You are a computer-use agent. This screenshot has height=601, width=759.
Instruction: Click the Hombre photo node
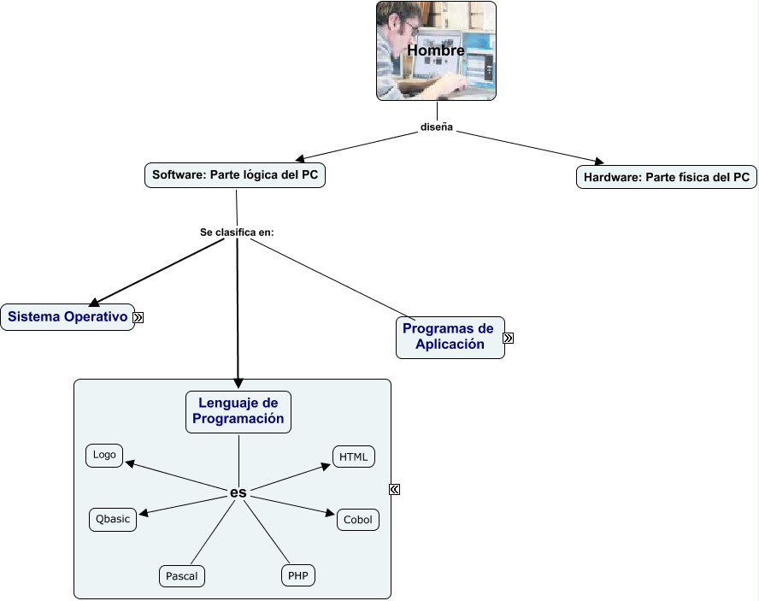click(x=436, y=50)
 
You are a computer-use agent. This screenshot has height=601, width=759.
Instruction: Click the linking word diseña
click(x=436, y=128)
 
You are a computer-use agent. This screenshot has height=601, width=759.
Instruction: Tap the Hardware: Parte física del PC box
click(x=666, y=177)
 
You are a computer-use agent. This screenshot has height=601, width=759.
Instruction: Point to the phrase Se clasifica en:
click(x=237, y=232)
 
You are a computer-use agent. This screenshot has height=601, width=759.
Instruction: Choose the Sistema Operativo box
click(x=68, y=317)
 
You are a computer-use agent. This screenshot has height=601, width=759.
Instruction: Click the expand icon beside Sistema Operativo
click(x=138, y=317)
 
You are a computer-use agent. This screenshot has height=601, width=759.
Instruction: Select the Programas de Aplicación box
click(x=450, y=337)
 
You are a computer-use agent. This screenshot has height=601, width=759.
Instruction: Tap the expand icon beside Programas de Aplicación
click(x=509, y=338)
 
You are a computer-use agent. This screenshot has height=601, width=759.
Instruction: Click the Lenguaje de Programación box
click(x=238, y=411)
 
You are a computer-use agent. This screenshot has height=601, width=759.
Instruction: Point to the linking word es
click(x=238, y=492)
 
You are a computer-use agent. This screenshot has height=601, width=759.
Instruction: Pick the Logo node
click(x=104, y=455)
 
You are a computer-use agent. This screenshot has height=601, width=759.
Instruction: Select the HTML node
click(x=353, y=457)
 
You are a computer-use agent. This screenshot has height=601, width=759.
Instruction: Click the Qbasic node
click(x=112, y=519)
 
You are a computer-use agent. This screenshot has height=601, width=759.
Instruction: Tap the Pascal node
click(x=181, y=575)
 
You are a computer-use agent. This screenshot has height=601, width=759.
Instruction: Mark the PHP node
click(x=297, y=575)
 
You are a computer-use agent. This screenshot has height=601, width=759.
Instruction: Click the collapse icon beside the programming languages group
click(x=394, y=489)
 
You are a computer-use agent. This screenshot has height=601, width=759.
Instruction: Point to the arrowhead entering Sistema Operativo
click(x=94, y=301)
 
